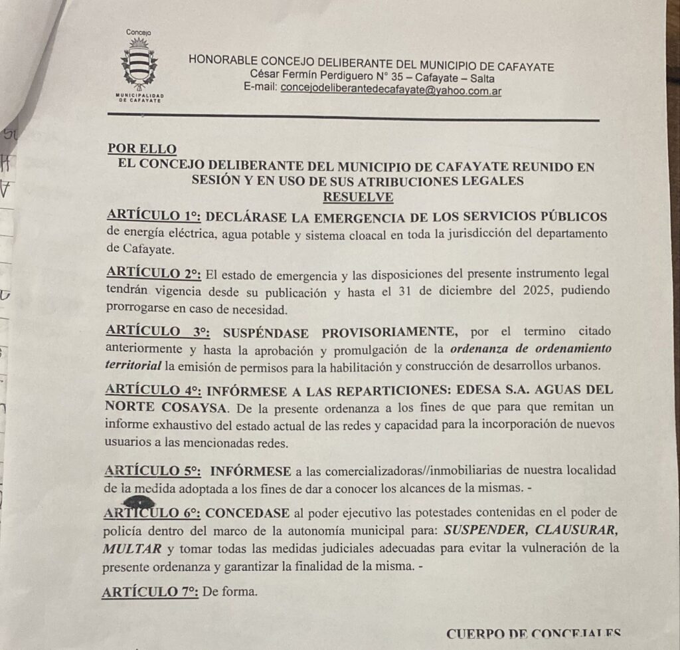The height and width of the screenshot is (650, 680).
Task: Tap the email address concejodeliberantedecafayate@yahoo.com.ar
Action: click(x=391, y=88)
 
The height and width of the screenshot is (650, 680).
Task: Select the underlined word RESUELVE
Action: click(x=357, y=197)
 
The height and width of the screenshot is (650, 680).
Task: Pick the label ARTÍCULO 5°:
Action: click(x=152, y=471)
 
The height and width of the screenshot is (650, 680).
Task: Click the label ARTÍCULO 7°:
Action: click(x=149, y=591)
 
